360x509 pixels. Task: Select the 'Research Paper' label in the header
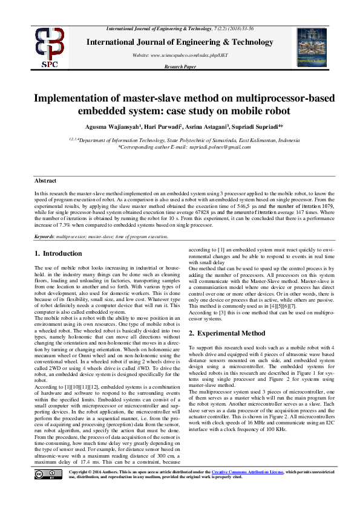point(180,67)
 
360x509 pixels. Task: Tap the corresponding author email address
point(211,146)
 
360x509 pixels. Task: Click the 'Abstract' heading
point(45,181)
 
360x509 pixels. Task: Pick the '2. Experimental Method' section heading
point(227,333)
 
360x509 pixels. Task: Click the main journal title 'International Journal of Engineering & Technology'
point(180,42)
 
